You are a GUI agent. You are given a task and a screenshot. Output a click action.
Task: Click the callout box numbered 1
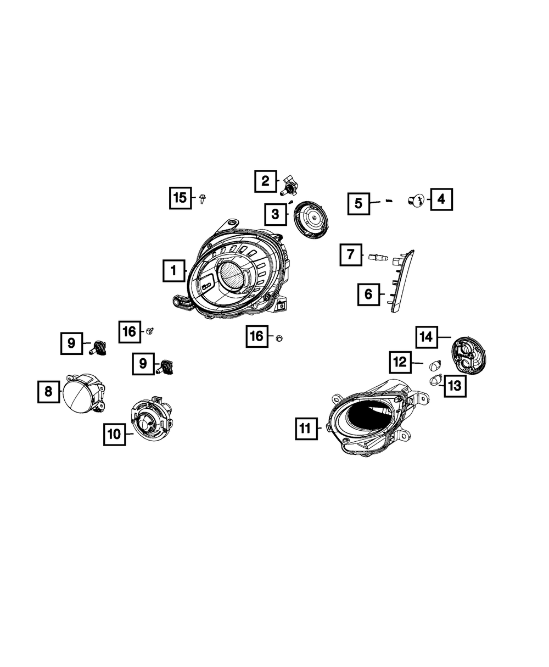point(173,270)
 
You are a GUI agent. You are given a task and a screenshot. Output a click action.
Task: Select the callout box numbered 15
point(181,198)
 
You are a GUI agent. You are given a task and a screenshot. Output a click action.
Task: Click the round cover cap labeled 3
point(312,219)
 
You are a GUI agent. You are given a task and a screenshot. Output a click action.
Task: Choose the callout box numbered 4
point(441,199)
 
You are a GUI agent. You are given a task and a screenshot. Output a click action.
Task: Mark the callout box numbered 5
point(358,203)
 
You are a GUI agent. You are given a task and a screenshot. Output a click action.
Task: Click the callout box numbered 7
point(351,255)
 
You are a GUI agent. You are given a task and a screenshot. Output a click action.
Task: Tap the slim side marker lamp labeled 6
point(402,280)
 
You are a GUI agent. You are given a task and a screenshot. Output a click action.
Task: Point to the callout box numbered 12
point(400,362)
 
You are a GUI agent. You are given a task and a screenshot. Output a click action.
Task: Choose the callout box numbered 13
point(455,386)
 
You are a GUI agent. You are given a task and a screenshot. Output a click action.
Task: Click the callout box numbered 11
point(306,429)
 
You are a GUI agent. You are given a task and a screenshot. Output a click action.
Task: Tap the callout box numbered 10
point(114,434)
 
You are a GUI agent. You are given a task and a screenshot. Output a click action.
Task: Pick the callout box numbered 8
point(48,392)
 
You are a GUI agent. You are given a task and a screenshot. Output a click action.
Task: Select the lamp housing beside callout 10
point(150,420)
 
